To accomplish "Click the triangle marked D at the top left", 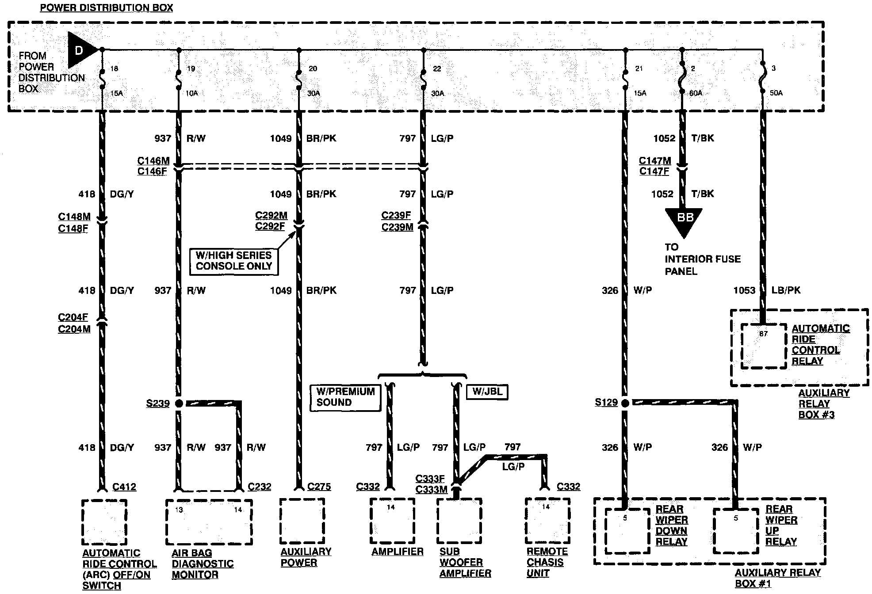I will click(x=80, y=50).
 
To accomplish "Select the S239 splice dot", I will click(x=179, y=403).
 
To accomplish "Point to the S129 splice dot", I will click(x=625, y=403).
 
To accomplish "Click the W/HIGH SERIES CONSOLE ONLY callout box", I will click(x=233, y=261).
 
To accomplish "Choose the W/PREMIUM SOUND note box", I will click(x=345, y=397).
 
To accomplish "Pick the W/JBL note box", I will click(x=487, y=392).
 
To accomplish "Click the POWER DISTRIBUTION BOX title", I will click(x=106, y=8).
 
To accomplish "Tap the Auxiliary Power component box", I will click(x=302, y=522).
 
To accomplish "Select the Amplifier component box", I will click(x=392, y=522).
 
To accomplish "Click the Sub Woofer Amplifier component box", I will click(x=459, y=522).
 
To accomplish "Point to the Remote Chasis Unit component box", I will click(x=547, y=522).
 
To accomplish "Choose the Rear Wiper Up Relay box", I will click(x=736, y=530).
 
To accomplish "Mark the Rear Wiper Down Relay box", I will click(x=627, y=530).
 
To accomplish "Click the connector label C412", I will click(x=124, y=487).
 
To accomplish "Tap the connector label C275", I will click(x=319, y=487).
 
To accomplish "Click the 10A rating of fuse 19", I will click(x=191, y=94).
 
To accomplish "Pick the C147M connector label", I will click(x=655, y=161).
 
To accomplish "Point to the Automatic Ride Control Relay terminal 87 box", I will click(x=763, y=346).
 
